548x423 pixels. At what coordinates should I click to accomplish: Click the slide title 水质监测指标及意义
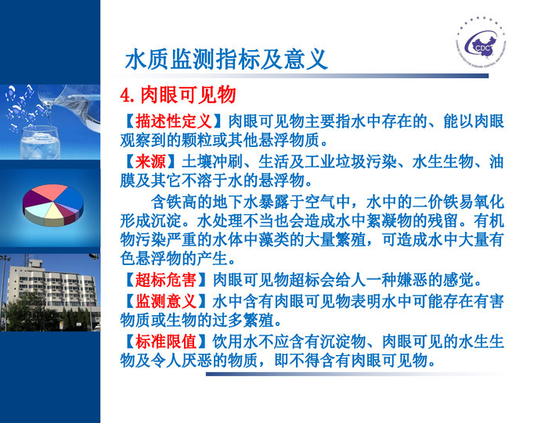[x=226, y=59]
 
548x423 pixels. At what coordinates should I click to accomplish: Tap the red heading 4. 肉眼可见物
[x=178, y=95]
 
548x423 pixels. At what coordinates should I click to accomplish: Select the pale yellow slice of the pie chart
[x=54, y=210]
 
